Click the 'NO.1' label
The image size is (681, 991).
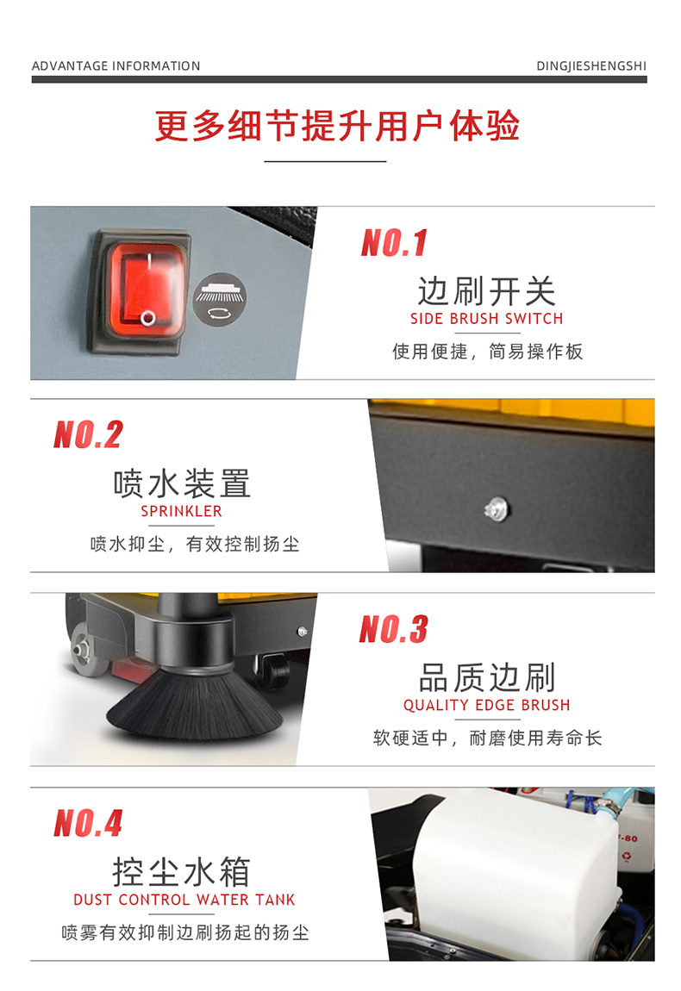[x=394, y=243]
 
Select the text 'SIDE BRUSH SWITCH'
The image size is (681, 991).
[x=486, y=319]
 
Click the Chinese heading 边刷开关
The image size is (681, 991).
[x=486, y=291]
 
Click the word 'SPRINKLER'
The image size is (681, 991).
[x=181, y=512]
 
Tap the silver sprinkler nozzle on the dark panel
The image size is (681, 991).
[x=497, y=508]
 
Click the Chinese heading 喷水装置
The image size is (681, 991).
[x=181, y=483]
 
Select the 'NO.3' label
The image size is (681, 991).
[x=394, y=630]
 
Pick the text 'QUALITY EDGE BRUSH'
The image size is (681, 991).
[x=486, y=706]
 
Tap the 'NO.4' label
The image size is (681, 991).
[x=88, y=824]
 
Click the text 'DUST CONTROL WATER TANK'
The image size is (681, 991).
[x=184, y=900]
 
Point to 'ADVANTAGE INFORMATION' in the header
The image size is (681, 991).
[x=116, y=66]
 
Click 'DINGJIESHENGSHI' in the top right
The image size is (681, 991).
[x=590, y=66]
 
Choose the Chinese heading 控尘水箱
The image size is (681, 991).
[x=181, y=872]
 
